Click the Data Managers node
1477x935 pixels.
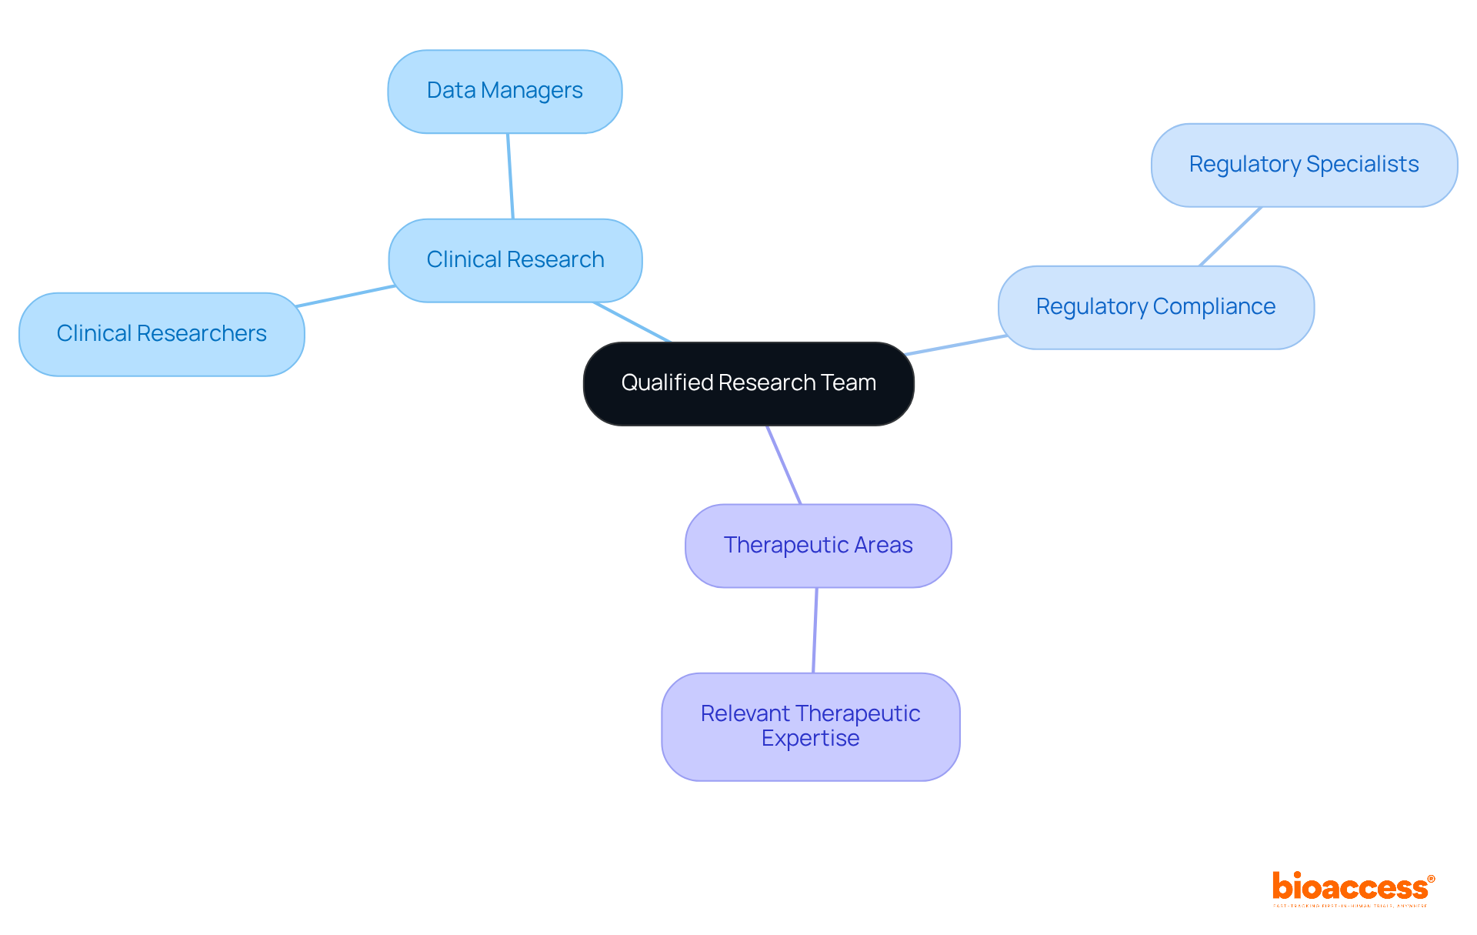tap(505, 92)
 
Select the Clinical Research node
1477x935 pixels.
tap(515, 260)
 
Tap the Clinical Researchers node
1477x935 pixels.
tap(162, 334)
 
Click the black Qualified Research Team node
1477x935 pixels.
tap(749, 383)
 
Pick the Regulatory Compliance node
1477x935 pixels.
tap(1155, 307)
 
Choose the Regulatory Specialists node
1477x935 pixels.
tap(1304, 165)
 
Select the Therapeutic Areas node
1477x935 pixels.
tap(818, 546)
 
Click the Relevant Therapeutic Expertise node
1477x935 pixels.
tap(810, 726)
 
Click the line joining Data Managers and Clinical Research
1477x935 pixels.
tap(510, 176)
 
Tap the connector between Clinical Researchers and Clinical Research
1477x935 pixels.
tap(346, 296)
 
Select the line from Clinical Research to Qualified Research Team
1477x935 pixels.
tap(632, 322)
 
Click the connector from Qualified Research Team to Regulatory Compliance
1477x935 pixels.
tap(955, 346)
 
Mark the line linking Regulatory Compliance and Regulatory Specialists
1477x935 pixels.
tap(1230, 236)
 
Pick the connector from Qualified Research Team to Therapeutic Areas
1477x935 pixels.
tap(784, 465)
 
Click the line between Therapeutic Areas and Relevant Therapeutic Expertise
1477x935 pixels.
tap(815, 630)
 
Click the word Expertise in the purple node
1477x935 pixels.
tap(810, 739)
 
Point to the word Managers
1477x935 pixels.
tap(532, 92)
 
